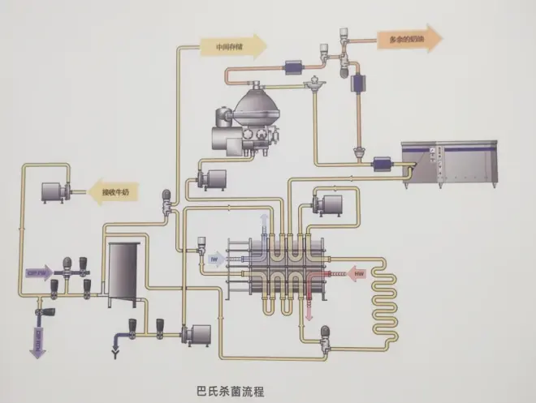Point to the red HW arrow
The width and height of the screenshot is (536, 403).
click(x=358, y=275)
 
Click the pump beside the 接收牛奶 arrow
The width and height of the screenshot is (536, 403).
click(x=56, y=193)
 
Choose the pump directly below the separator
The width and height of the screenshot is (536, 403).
click(x=212, y=178)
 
